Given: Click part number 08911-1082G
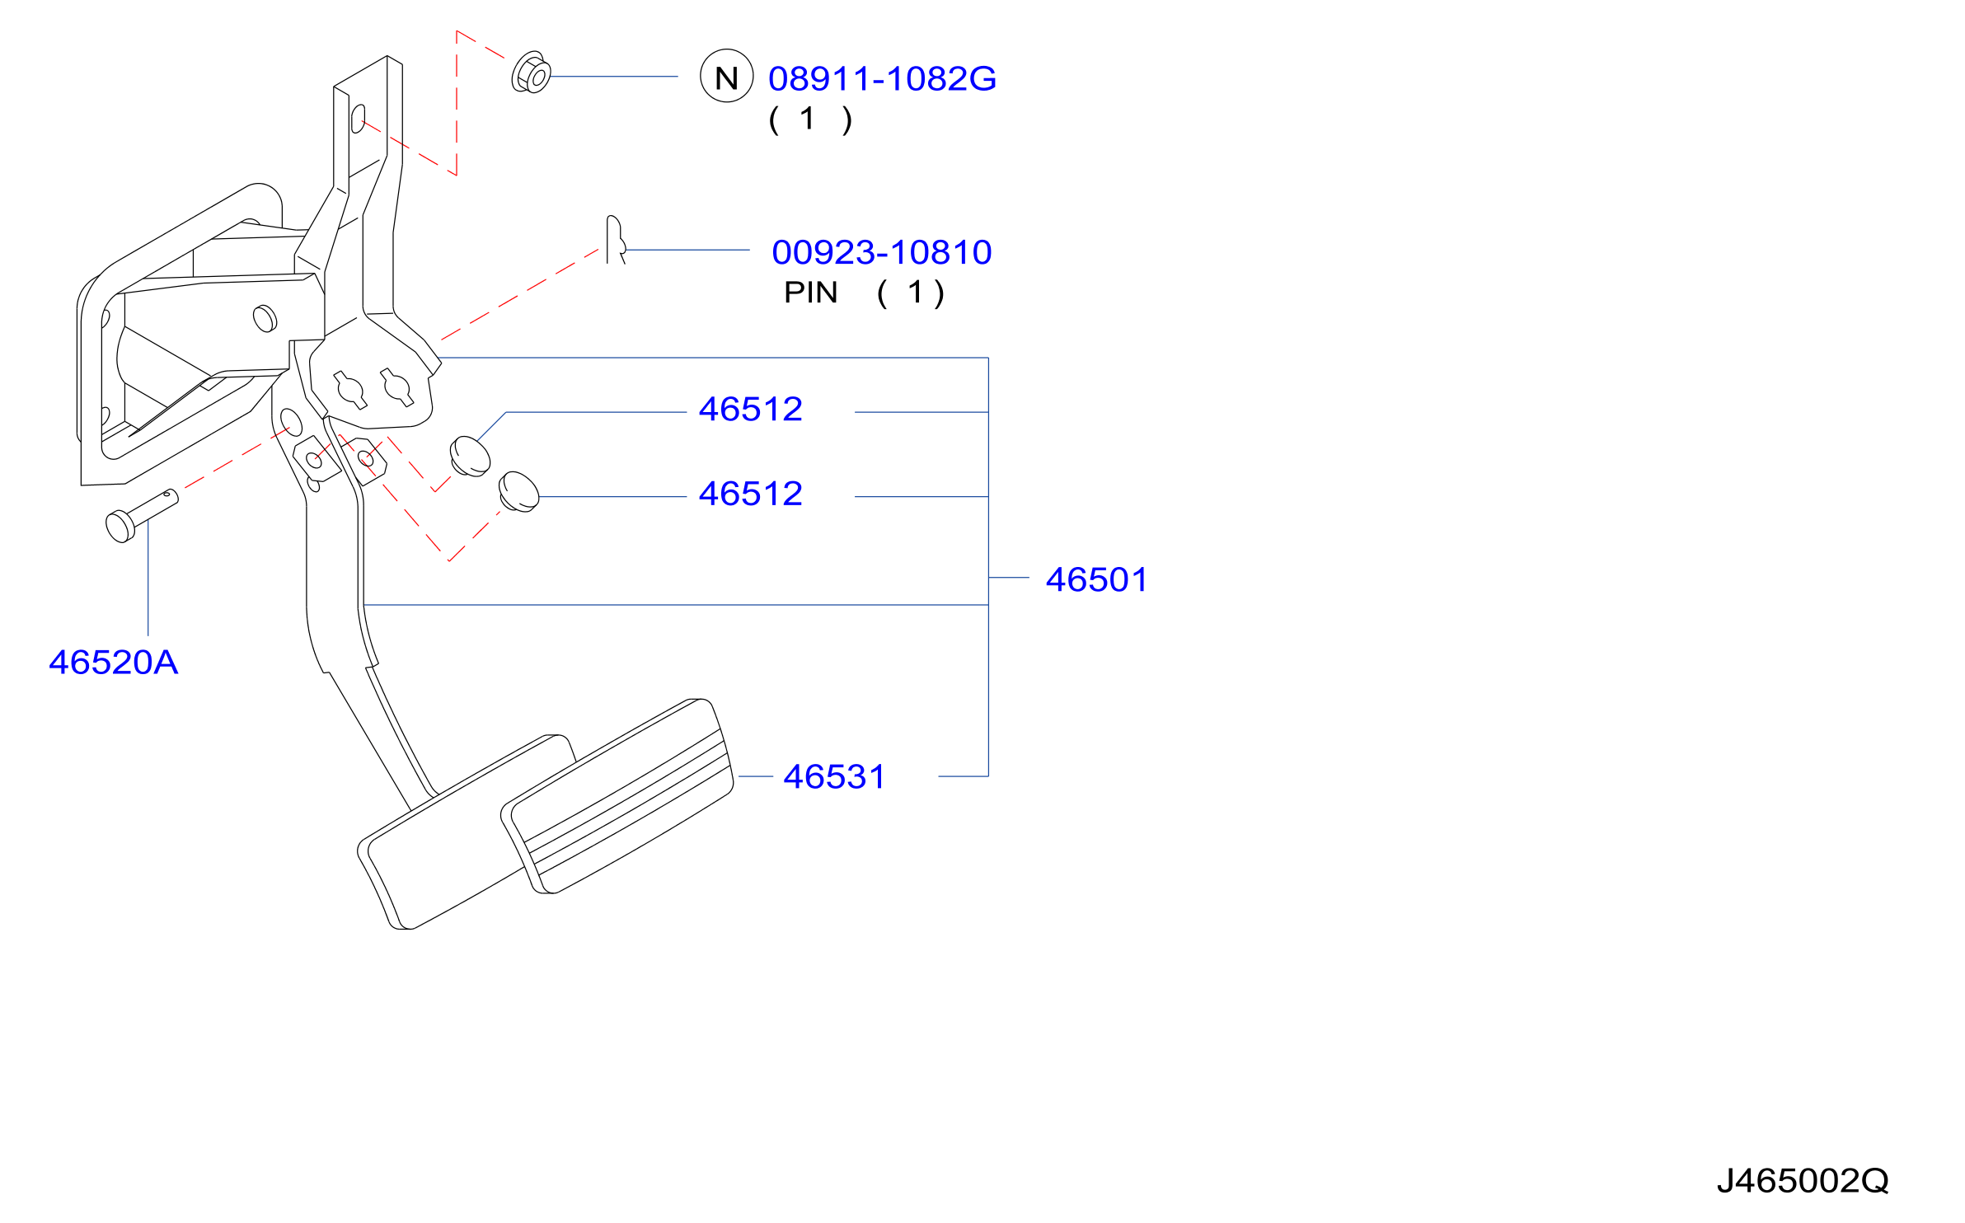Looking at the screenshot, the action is tap(882, 79).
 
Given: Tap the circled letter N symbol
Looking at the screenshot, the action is tap(726, 76).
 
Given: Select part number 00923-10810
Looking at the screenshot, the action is tap(882, 252).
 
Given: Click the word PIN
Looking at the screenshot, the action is tap(810, 293).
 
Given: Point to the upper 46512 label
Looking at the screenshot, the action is tap(750, 410).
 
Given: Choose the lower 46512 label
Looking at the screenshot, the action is tap(750, 494).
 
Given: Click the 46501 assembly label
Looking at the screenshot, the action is tap(1096, 580).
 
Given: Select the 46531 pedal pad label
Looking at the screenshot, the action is tap(834, 777).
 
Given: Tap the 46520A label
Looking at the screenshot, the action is tap(114, 663).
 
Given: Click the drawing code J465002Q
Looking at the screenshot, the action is tap(1803, 1181).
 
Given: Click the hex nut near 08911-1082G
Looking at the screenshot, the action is tap(531, 73).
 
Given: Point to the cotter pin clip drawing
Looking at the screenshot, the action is tap(616, 240).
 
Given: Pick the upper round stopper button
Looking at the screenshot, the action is tap(470, 457).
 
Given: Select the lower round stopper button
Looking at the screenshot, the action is tap(518, 492).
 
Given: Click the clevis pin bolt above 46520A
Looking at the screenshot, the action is tap(142, 515).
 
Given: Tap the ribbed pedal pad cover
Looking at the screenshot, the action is tap(617, 796).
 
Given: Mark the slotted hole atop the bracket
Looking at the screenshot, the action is tap(358, 119).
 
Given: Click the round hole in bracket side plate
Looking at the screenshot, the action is tap(265, 318).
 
